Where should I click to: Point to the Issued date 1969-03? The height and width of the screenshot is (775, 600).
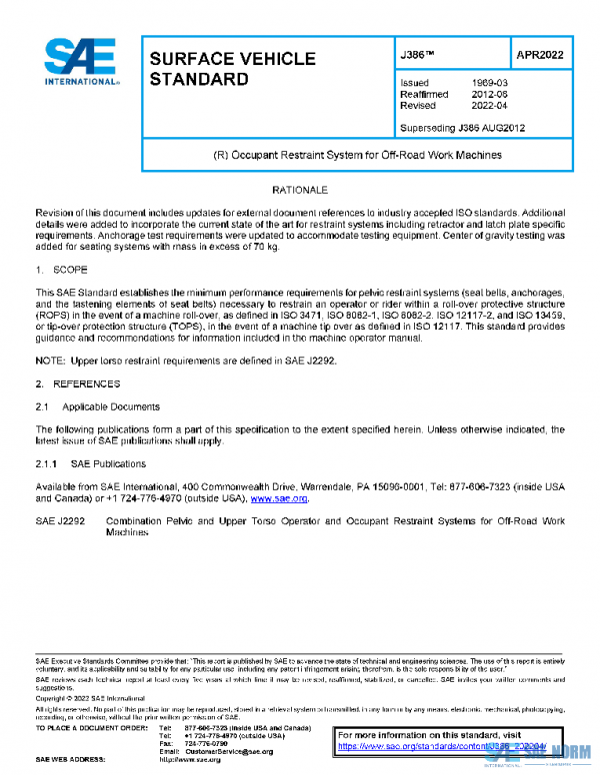pos(488,83)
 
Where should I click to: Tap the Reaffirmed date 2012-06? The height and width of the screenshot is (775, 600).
pos(488,94)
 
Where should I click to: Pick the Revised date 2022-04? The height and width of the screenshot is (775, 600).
pos(488,105)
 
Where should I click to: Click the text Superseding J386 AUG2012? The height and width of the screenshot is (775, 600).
pos(462,128)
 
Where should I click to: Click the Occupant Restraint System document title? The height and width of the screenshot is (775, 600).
pos(357,156)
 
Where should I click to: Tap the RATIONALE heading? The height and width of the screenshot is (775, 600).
pos(300,189)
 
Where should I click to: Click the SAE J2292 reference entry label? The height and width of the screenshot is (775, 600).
pos(61,521)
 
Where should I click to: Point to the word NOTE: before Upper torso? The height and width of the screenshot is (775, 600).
pos(51,362)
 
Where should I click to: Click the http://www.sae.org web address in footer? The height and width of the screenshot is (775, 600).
pos(189,760)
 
